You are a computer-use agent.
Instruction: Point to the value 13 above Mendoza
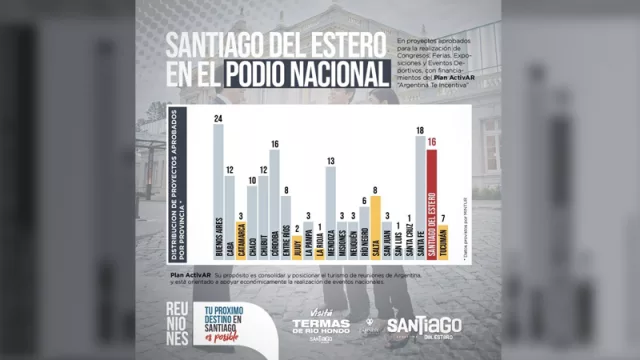pos(331,161)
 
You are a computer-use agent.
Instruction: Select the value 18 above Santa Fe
pos(420,131)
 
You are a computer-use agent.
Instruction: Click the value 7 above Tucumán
pos(445,217)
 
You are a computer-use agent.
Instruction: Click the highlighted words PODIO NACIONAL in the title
pos(306,73)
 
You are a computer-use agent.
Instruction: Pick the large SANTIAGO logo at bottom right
pos(424,325)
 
